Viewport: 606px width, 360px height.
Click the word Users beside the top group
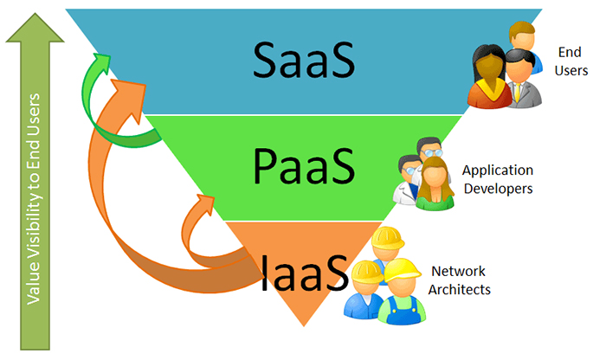point(572,70)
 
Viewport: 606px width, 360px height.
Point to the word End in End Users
point(571,51)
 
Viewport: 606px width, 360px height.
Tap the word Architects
point(460,289)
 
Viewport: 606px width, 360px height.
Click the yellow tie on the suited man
point(518,90)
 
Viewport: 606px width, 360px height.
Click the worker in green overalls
point(402,294)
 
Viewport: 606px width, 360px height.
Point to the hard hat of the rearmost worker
point(384,237)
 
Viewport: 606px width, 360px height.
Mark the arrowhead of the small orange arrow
point(207,202)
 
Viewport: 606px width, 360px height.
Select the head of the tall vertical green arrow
point(35,26)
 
